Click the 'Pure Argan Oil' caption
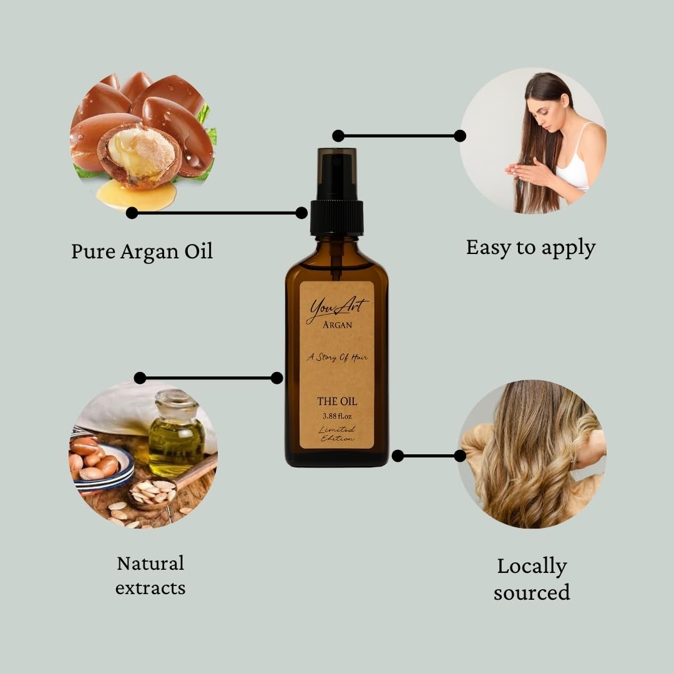142,251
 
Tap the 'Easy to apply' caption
530,247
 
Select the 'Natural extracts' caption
150,575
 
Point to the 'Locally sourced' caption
532,579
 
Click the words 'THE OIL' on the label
337,401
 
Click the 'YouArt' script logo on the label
337,308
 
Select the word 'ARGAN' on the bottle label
337,325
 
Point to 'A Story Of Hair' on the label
337,358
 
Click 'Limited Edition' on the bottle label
337,434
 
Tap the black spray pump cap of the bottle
337,209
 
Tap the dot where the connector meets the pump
301,213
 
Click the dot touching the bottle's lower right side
398,456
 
